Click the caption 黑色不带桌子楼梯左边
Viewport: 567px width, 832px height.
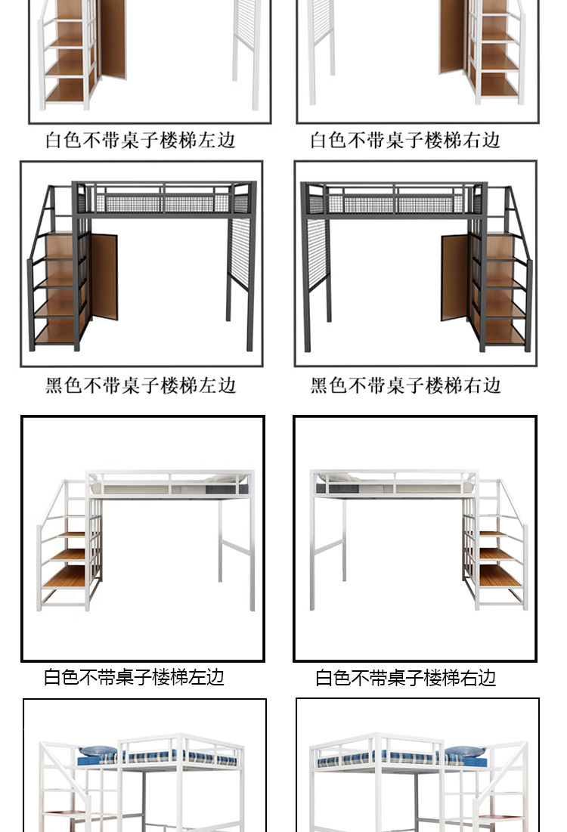click(141, 385)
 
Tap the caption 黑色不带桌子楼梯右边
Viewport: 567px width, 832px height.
click(406, 385)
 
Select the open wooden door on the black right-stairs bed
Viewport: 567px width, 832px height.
click(454, 277)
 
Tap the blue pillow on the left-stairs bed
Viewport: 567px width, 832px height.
click(98, 752)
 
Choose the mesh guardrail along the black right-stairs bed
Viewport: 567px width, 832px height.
click(396, 203)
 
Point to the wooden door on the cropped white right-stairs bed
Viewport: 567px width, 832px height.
click(452, 38)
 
